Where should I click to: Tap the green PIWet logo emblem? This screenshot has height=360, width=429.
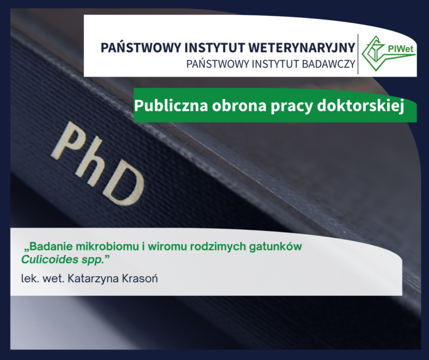373,53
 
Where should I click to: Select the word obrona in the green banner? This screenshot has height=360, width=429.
228,105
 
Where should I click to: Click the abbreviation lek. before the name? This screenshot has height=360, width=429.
30,278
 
